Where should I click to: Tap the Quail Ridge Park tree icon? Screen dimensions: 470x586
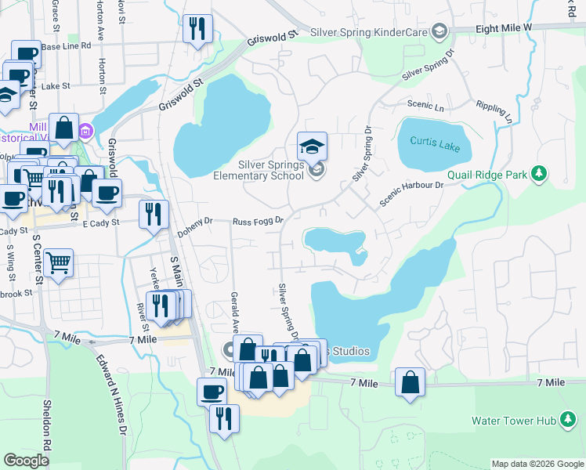pos(538,174)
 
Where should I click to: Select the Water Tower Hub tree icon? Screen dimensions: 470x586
pos(566,421)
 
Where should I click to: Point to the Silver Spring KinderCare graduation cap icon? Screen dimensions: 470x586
pos(439,31)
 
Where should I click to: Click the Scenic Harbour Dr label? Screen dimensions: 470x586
pos(412,194)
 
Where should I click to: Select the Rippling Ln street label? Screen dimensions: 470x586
pos(494,112)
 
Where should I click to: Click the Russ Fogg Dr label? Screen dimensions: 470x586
pos(257,221)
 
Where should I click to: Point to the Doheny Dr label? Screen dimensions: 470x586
pos(194,227)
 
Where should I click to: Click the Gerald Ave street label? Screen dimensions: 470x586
pos(233,313)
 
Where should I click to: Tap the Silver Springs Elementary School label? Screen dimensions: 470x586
pos(259,169)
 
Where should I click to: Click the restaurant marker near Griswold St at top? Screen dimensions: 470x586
pos(197,29)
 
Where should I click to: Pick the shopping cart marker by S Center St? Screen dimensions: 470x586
pos(58,263)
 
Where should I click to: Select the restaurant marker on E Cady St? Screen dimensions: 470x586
pos(154,214)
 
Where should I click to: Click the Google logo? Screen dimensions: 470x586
pos(26,461)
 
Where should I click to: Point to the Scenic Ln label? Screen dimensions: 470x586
pos(425,104)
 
